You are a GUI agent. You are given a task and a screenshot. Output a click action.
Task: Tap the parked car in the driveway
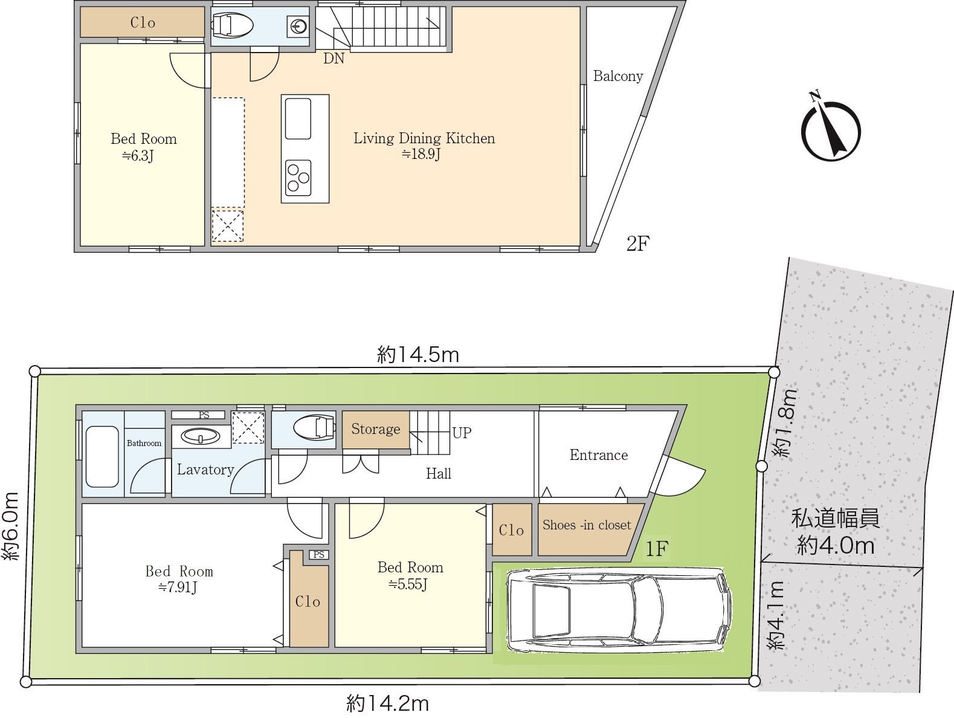pos(619,610)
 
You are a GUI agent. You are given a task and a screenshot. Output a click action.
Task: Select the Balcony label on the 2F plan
pos(617,76)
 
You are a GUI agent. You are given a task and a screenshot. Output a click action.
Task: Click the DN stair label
pos(334,58)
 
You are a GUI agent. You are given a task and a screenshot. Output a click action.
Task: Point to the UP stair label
pos(462,433)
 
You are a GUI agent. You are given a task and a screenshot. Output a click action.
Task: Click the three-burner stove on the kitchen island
pos(298,178)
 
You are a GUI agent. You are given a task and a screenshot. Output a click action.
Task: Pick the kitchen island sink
pos(298,118)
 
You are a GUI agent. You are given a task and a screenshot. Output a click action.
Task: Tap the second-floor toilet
pos(232,24)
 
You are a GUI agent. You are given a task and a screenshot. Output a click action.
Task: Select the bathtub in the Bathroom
pos(102,457)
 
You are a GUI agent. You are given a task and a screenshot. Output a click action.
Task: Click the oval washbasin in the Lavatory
pos(201,436)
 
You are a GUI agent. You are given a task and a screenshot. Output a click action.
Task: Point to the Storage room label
pos(376,429)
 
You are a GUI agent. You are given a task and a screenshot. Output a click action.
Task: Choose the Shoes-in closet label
pos(586,525)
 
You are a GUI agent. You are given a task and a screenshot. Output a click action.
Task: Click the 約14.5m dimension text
pos(417,355)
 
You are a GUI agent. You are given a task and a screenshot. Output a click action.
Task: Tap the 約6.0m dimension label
pos(11,525)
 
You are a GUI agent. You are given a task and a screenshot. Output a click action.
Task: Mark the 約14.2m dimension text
pos(387,703)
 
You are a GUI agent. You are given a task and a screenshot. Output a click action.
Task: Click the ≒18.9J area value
pos(421,154)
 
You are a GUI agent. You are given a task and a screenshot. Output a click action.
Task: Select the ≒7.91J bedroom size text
pos(178,587)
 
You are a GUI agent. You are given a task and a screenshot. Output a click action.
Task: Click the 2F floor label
pos(637,244)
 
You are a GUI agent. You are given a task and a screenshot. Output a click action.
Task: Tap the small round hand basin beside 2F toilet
pos(298,27)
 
